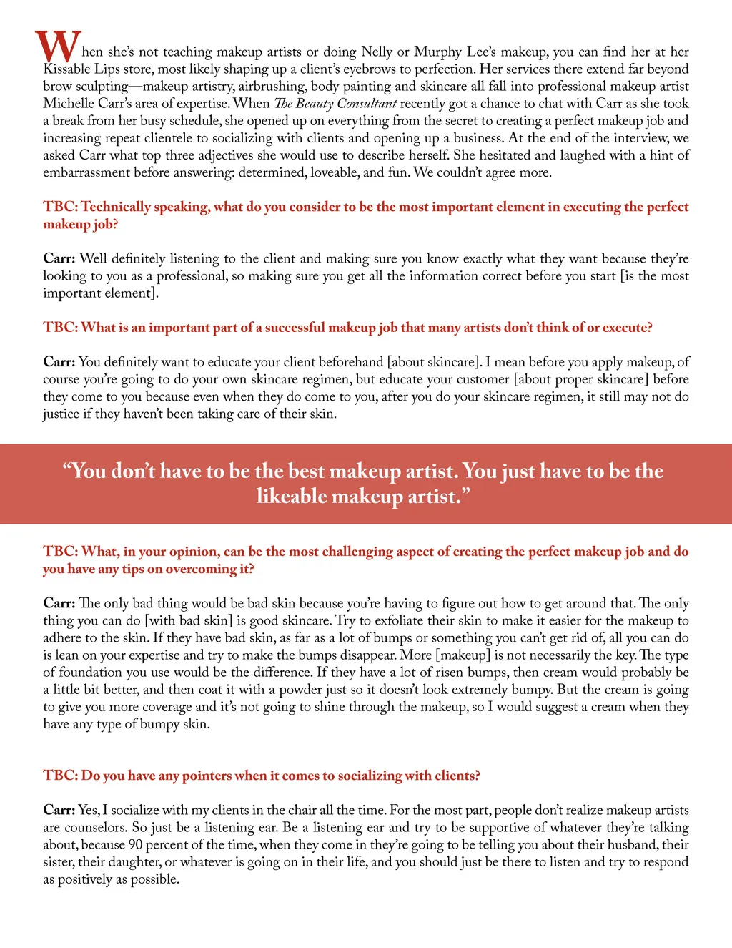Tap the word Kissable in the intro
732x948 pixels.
(x=66, y=69)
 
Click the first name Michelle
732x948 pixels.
(x=69, y=104)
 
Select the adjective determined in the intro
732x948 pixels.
(x=272, y=172)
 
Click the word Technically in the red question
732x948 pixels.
(x=116, y=207)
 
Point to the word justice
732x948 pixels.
(x=61, y=414)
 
